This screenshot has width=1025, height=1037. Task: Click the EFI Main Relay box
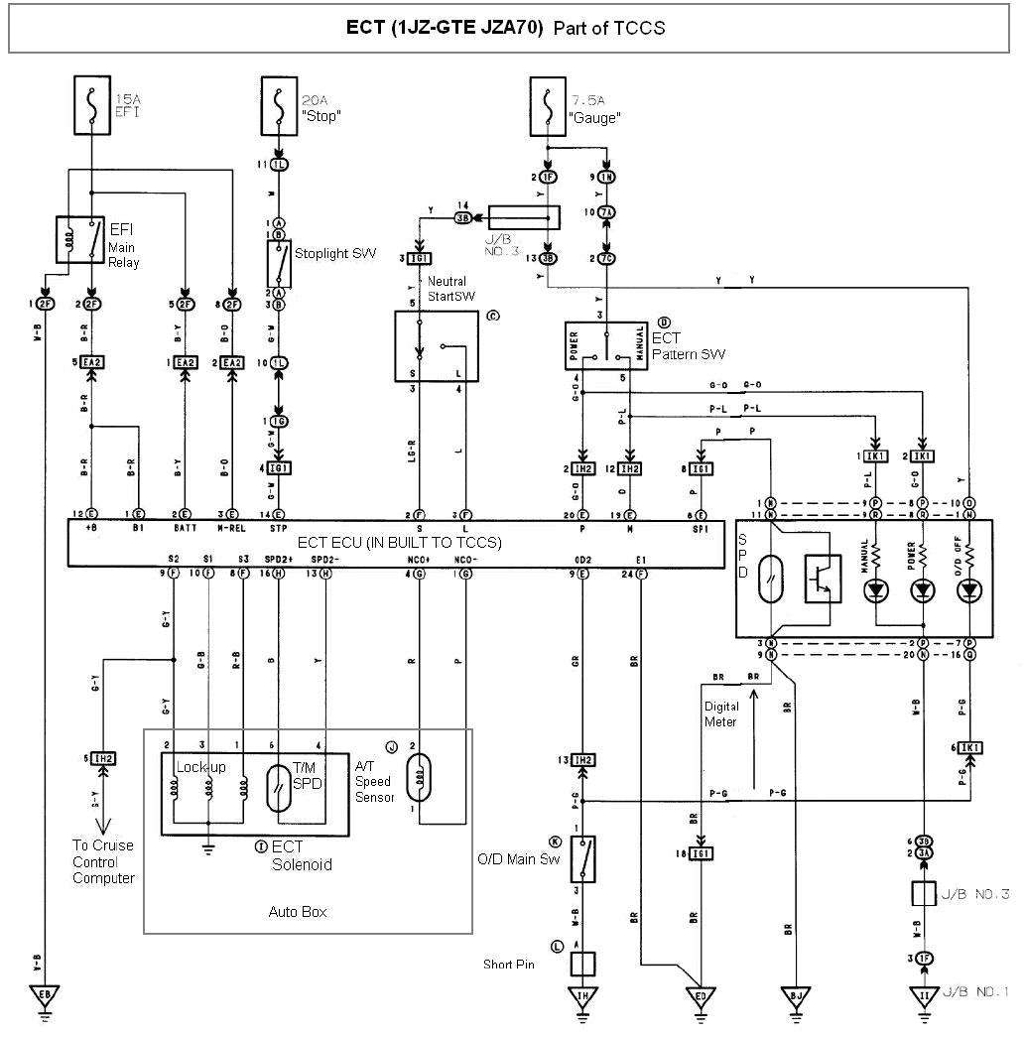(80, 239)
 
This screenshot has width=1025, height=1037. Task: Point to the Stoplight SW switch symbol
(279, 262)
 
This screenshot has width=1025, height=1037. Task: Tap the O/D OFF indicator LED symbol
(968, 589)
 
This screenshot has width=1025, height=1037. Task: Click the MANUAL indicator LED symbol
(876, 589)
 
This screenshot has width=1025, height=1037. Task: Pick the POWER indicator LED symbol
(923, 589)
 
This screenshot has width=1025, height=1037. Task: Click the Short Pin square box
(582, 964)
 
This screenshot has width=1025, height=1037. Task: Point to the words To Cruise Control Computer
(102, 861)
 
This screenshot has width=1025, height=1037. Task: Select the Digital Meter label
(721, 714)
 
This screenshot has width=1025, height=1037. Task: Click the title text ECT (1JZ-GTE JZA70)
(444, 28)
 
